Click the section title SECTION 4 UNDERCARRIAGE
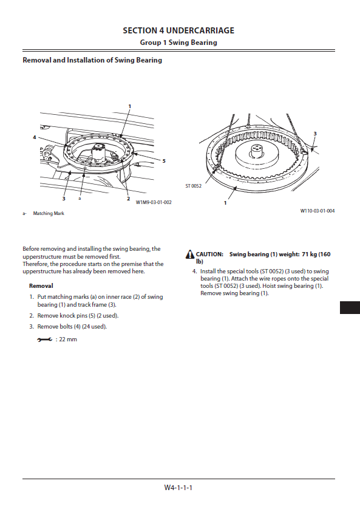pyautogui.click(x=178, y=30)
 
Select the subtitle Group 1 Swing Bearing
pyautogui.click(x=178, y=43)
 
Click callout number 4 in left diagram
pyautogui.click(x=34, y=137)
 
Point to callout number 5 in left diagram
pyautogui.click(x=164, y=161)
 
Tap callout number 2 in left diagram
pyautogui.click(x=128, y=199)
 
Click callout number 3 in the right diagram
pyautogui.click(x=315, y=134)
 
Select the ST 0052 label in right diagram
pyautogui.click(x=194, y=186)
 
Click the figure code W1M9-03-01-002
pyautogui.click(x=154, y=202)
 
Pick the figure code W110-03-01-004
pyautogui.click(x=318, y=211)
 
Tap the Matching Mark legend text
pyautogui.click(x=49, y=213)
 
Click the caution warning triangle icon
pyautogui.click(x=190, y=254)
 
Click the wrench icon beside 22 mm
pyautogui.click(x=45, y=340)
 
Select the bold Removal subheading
pyautogui.click(x=41, y=285)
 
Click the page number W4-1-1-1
pyautogui.click(x=178, y=488)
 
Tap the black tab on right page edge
pyautogui.click(x=350, y=307)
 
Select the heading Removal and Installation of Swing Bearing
pyautogui.click(x=92, y=60)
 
